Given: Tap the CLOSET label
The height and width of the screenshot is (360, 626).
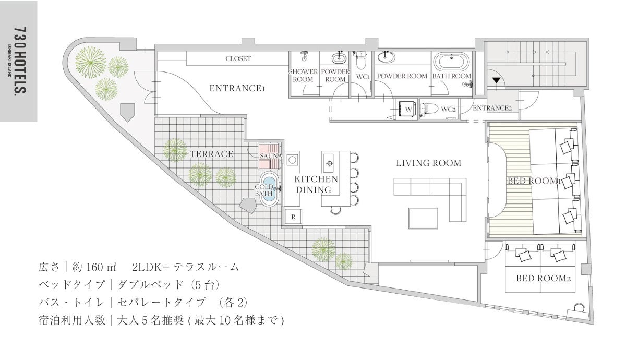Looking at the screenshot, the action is tap(238, 58).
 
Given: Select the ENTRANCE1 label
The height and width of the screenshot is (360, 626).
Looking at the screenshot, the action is tap(237, 89).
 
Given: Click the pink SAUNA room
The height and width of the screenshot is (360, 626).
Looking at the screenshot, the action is tap(269, 156).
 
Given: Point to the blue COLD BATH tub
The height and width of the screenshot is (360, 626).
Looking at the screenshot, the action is tap(270, 189).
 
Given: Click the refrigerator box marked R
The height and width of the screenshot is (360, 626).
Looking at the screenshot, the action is tap(293, 217).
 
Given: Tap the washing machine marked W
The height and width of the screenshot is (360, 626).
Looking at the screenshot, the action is tap(408, 109).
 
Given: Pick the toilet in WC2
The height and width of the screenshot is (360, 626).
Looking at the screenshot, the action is tap(429, 109).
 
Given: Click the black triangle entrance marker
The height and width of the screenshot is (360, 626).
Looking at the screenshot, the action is tap(496, 80).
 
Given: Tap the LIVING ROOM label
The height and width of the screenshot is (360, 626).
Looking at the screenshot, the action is tap(429, 163).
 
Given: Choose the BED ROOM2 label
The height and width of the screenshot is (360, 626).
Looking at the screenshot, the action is tap(543, 279).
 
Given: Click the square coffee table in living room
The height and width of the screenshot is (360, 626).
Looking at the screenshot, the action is tap(423, 218).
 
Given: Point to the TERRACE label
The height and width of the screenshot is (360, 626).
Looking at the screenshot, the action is tap(212, 154).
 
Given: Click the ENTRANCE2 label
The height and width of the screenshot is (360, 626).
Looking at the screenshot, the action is tap(492, 108).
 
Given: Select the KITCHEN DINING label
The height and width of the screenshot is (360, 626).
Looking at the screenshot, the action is tap(316, 185).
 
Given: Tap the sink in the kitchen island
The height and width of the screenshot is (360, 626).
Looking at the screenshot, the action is tap(330, 163).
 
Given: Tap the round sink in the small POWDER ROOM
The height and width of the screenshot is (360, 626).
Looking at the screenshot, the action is tap(339, 58).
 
